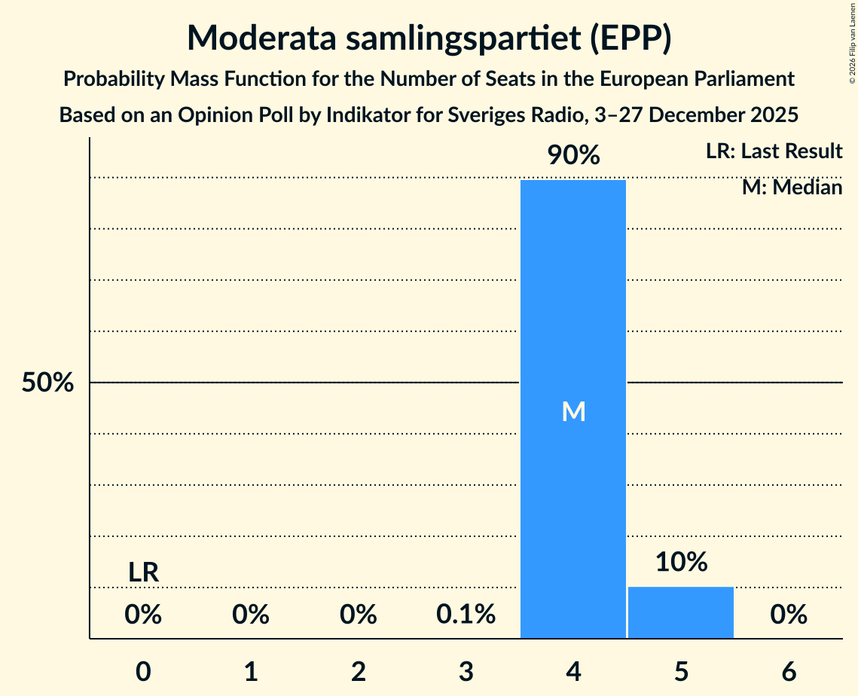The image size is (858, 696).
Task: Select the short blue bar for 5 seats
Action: click(x=681, y=612)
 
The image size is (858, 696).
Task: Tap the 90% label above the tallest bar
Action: click(x=573, y=156)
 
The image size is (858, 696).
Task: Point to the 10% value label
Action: click(x=681, y=562)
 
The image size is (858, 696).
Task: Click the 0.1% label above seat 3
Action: click(x=466, y=615)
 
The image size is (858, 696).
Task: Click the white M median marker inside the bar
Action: click(x=573, y=411)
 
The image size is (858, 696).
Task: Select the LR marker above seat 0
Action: click(x=143, y=572)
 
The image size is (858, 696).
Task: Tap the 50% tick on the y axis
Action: click(x=47, y=383)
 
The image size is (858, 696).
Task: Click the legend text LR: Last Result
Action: click(x=774, y=151)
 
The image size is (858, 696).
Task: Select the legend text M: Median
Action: click(x=792, y=187)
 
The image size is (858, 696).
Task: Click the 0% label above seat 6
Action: click(x=789, y=615)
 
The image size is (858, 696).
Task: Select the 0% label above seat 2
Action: click(x=358, y=615)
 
